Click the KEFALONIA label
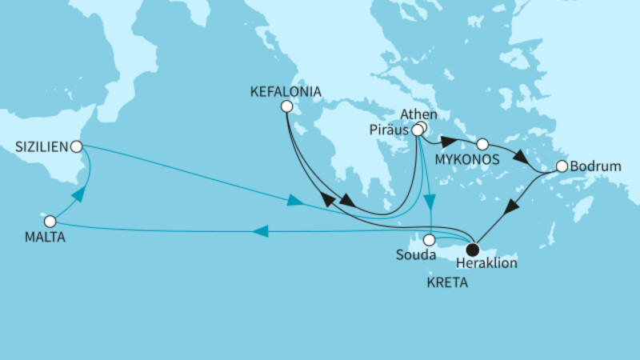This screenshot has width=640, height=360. click(x=286, y=92)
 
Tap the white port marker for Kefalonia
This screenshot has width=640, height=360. click(x=286, y=106)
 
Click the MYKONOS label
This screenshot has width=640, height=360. click(x=469, y=160)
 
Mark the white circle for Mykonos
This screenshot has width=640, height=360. click(x=482, y=145)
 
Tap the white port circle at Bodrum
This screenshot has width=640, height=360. click(x=562, y=166)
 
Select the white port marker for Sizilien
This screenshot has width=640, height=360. click(x=76, y=146)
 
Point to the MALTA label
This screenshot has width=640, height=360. click(x=44, y=238)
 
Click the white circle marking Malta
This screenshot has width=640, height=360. click(x=50, y=221)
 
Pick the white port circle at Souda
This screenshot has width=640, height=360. click(x=430, y=239)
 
